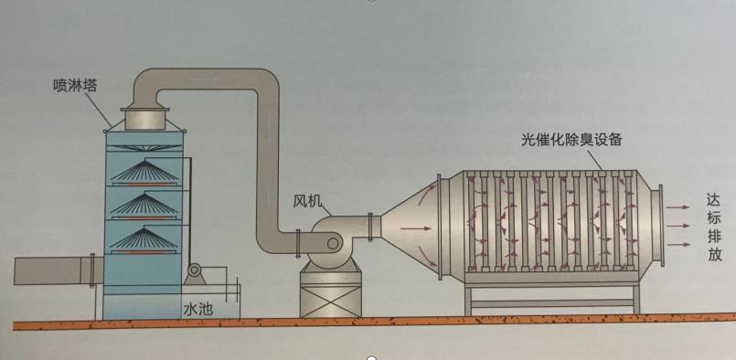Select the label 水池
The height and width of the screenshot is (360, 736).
pos(197,309)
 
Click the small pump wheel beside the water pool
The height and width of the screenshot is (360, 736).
pos(194,271)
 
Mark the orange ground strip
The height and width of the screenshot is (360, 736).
pos(366,323)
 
